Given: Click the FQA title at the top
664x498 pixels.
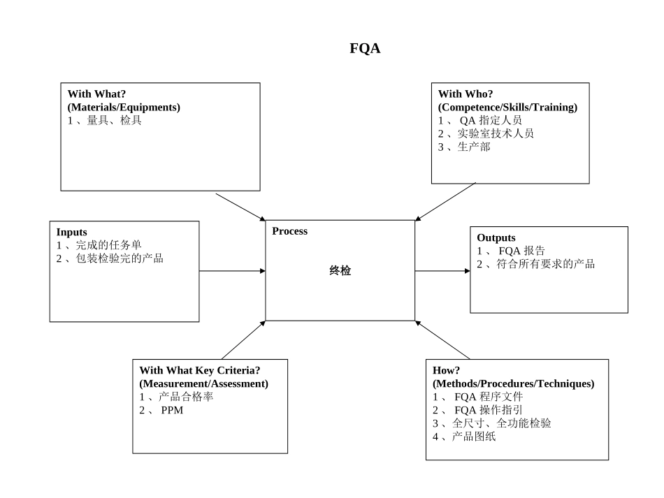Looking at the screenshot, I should click(365, 48).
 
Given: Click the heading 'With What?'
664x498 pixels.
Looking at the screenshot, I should click(96, 94).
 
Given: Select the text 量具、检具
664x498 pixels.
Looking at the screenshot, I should click(114, 120).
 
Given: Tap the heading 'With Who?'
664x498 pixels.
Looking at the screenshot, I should click(465, 94).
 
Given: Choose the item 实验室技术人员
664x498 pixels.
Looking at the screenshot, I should click(496, 133).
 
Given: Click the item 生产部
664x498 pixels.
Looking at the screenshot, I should click(474, 147).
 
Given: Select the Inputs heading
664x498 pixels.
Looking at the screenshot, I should click(72, 232).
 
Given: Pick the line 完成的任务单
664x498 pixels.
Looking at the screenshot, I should click(108, 245).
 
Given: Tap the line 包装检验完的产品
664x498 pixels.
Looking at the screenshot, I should click(120, 258).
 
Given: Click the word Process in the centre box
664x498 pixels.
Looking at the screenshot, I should click(289, 231).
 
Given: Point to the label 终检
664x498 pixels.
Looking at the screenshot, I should click(340, 271).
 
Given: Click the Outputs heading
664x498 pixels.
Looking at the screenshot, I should click(496, 237).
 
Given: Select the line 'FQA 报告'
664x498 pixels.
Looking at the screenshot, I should click(521, 251).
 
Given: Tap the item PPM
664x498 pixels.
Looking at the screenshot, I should click(172, 410).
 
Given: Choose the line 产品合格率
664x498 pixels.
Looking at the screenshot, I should click(185, 397).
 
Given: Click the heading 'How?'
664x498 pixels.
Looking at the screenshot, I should click(446, 370).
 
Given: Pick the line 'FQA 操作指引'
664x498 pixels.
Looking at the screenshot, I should click(489, 410).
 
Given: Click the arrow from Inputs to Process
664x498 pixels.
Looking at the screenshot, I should click(231, 270).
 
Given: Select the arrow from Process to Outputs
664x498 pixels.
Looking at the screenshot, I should click(442, 271).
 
